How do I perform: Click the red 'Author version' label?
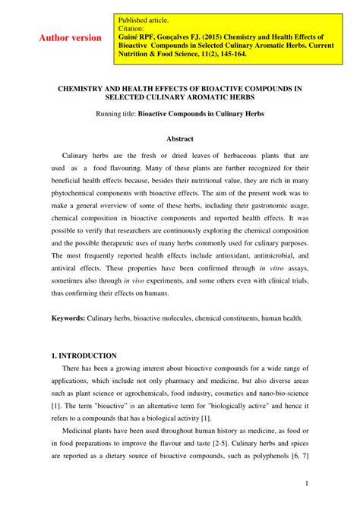[x=71, y=38]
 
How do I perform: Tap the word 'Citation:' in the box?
[x=134, y=28]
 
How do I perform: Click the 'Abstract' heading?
[x=179, y=139]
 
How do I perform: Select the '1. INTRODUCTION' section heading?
[x=84, y=355]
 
